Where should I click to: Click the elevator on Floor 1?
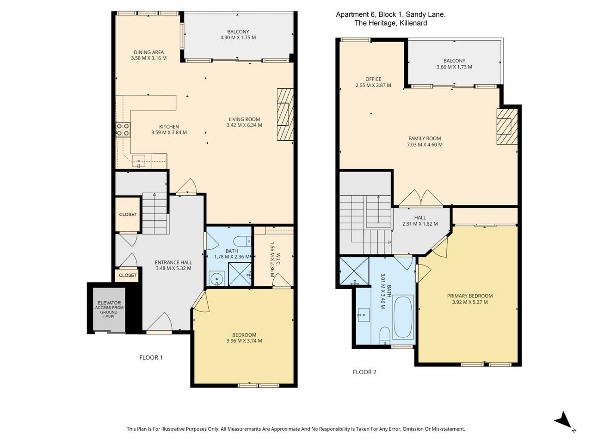(109, 309)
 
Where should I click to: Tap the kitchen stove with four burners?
(123, 129)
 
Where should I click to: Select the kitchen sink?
(139, 161)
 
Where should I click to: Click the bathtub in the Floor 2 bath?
(403, 317)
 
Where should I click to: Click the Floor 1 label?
(151, 358)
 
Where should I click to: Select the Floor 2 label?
(364, 372)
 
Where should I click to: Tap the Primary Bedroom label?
(470, 296)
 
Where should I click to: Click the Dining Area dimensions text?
(148, 58)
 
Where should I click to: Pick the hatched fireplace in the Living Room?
(285, 114)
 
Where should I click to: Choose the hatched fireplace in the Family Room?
(507, 126)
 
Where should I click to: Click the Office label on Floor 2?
(373, 79)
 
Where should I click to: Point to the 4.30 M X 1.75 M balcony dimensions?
(238, 37)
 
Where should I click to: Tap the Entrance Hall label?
(173, 262)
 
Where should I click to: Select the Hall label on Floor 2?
(420, 217)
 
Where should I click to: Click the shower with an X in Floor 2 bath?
(354, 271)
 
